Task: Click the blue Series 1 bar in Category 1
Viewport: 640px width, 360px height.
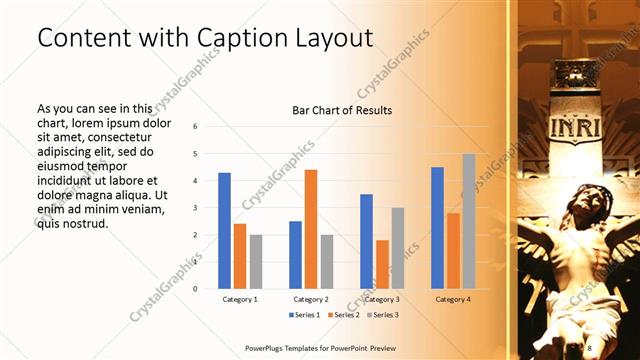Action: tap(224, 230)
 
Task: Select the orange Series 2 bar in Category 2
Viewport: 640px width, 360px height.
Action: tap(311, 229)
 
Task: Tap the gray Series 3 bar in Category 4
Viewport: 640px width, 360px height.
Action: tap(468, 221)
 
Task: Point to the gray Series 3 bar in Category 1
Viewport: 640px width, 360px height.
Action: tap(256, 261)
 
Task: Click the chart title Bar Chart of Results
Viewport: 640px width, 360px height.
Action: tap(341, 110)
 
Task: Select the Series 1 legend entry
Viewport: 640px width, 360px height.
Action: tap(304, 315)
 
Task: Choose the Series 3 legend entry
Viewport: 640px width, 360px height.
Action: tap(383, 315)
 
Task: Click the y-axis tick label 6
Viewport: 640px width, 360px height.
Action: tap(195, 127)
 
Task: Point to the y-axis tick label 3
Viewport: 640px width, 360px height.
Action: tap(195, 208)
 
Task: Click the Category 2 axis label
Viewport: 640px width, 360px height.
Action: tap(311, 299)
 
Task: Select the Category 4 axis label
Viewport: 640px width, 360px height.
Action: tap(453, 299)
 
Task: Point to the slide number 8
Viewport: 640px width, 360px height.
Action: tap(589, 346)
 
